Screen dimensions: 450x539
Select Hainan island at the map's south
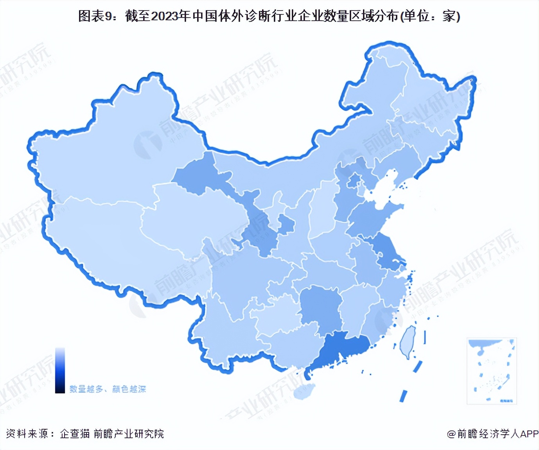coord(304,391)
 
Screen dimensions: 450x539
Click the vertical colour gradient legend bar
coord(60,370)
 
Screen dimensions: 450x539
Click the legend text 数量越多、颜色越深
coord(108,389)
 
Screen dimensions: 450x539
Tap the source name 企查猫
coord(75,434)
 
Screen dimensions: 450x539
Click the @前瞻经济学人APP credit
coord(492,434)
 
